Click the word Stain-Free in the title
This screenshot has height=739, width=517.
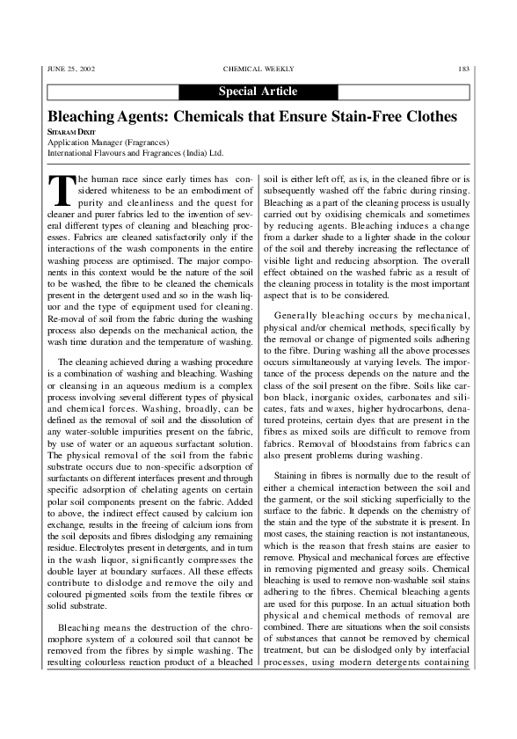365,117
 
